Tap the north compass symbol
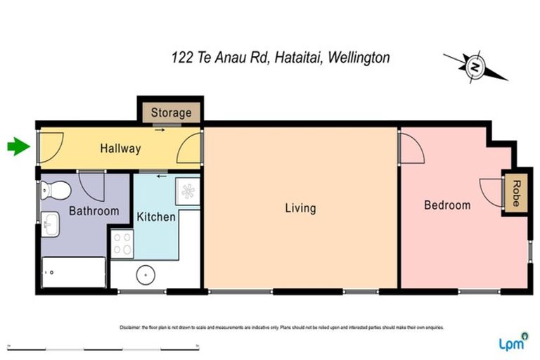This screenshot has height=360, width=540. point(475,67)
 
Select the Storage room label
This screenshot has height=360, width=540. point(171,112)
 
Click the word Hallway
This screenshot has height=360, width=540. point(120,148)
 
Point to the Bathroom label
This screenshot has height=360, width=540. point(94,210)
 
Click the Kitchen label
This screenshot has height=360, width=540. point(156,216)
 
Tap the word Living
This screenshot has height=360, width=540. point(300,208)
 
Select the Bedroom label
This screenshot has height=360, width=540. point(447,205)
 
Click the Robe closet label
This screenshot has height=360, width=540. point(515,191)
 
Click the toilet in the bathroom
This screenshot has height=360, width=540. point(54,189)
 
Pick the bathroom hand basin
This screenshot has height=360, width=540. point(51,225)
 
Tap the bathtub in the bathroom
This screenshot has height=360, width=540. point(74,272)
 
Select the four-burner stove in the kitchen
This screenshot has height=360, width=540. point(122,243)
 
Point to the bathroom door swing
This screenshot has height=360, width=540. point(92,184)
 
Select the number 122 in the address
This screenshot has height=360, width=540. point(181,58)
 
